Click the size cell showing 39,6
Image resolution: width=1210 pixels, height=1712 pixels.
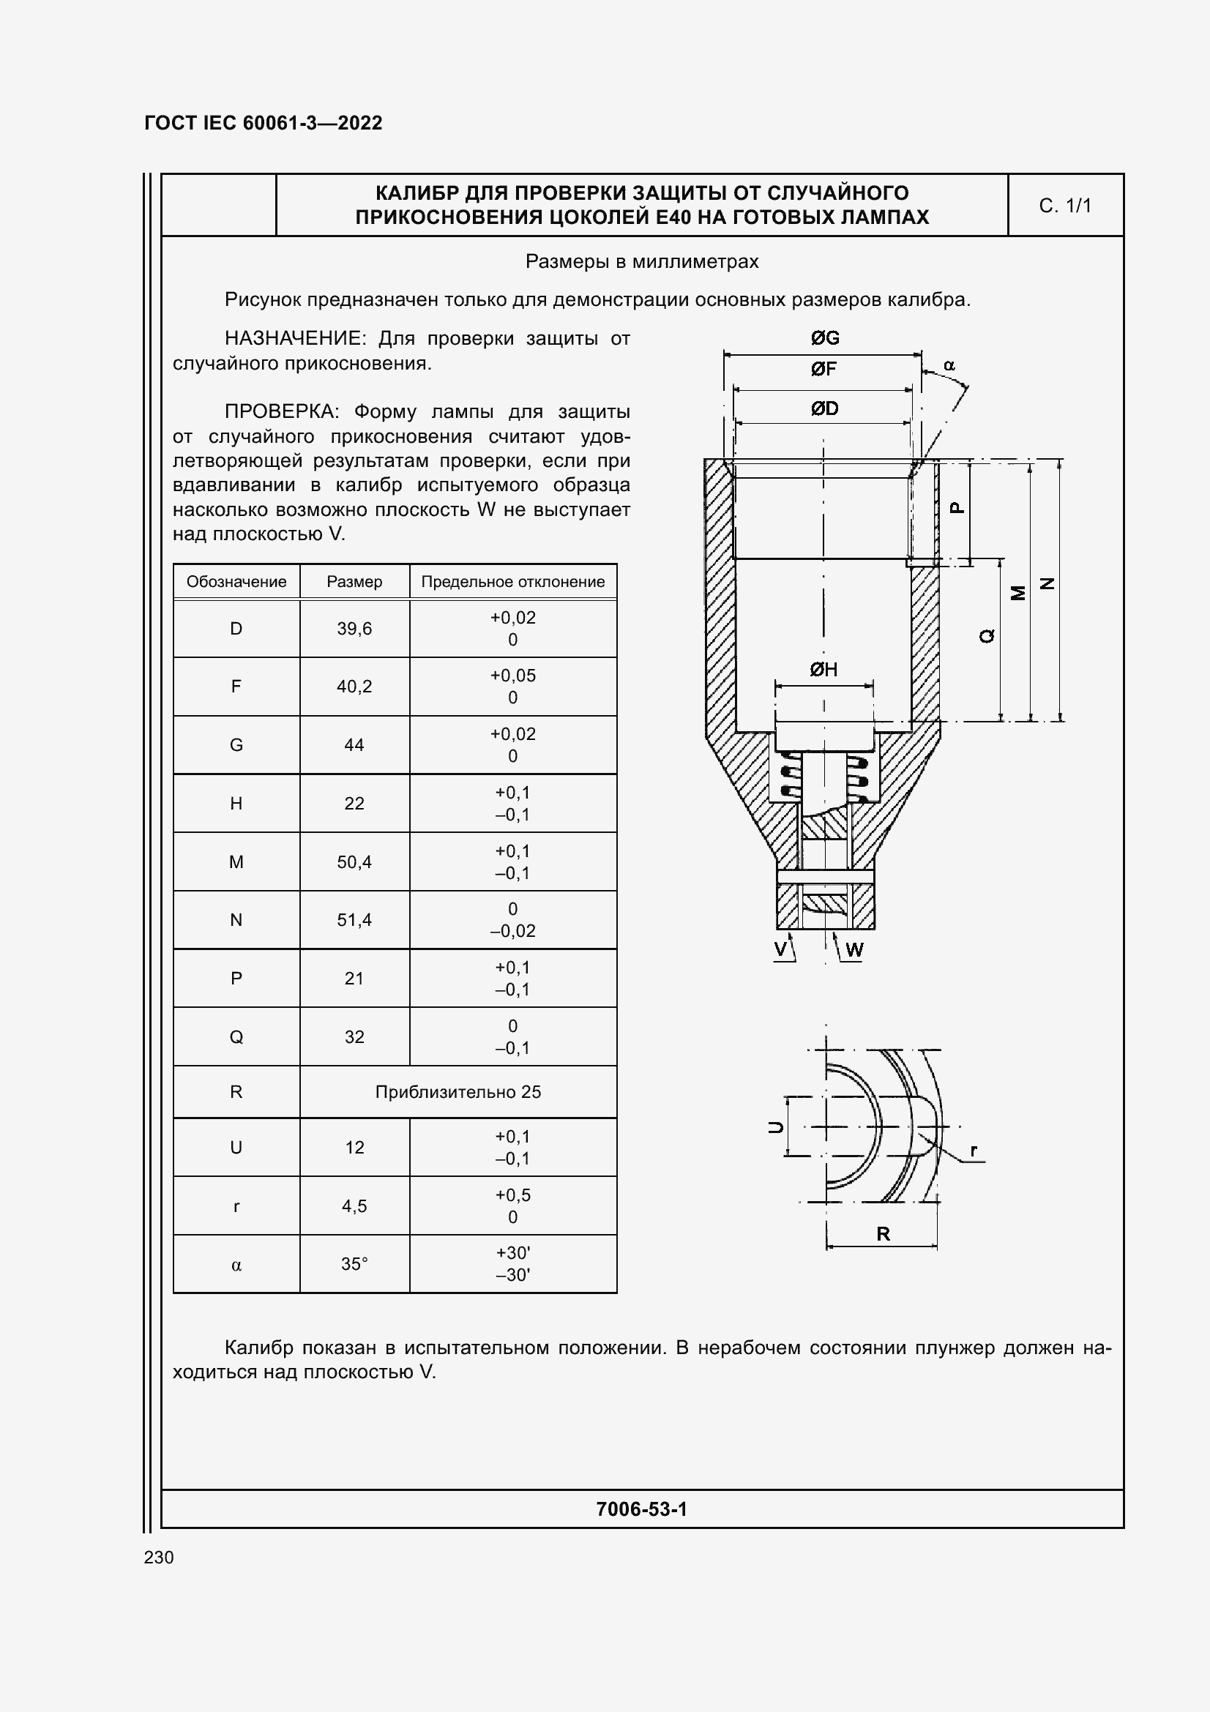(354, 629)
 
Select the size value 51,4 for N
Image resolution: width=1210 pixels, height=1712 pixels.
(354, 920)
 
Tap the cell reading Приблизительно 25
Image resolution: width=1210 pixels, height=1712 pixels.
(458, 1091)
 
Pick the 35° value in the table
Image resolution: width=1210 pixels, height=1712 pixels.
(354, 1264)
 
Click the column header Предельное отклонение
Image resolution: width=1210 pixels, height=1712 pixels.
(513, 582)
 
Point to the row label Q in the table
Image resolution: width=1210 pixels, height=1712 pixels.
(236, 1036)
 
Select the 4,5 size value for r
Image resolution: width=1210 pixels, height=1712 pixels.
(354, 1205)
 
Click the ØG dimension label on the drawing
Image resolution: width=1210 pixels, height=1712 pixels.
(824, 339)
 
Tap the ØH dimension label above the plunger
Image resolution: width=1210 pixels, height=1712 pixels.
(824, 670)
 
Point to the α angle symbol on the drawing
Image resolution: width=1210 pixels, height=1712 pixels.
(949, 365)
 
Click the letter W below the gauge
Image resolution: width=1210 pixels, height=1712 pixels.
(854, 950)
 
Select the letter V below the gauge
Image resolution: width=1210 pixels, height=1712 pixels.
(780, 949)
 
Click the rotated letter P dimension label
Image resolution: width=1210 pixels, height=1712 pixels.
(957, 508)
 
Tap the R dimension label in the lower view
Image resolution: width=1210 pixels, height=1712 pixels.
(884, 1234)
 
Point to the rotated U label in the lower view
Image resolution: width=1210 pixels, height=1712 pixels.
(776, 1127)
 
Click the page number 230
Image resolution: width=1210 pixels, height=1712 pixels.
(159, 1557)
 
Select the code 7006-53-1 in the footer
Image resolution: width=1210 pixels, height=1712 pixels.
(641, 1509)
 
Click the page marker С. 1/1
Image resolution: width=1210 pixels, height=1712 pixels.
(1064, 206)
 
